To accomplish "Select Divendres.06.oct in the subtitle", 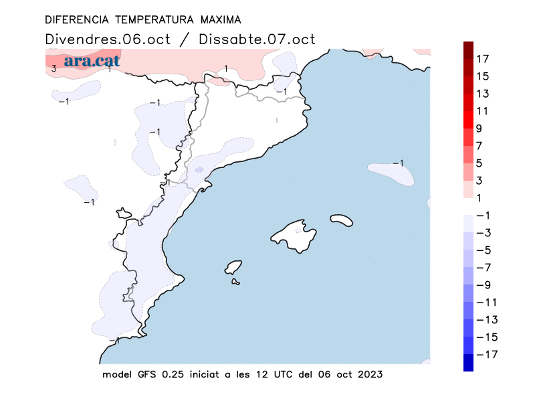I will (109, 39).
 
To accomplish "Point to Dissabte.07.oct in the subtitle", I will (257, 39).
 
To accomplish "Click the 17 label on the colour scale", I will (482, 59).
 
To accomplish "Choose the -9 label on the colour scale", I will (483, 284).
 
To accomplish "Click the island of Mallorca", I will (294, 235).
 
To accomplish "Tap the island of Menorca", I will (342, 220).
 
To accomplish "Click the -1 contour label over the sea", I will (398, 163).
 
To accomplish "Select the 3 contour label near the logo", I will (53, 68).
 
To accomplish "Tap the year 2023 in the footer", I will (369, 374).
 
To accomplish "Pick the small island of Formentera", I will (236, 282).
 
